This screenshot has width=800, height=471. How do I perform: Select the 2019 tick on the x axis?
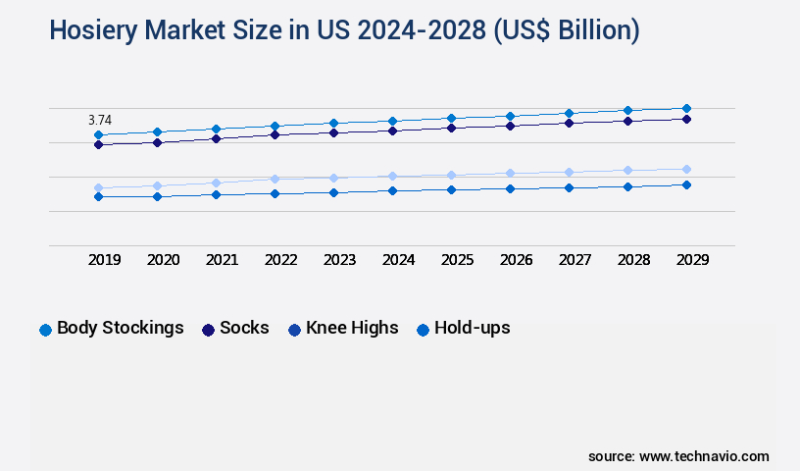pos(105,260)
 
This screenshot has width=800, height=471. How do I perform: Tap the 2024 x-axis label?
pos(398,260)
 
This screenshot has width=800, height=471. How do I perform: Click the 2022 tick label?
pos(280,260)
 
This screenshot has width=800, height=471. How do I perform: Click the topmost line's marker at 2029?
pos(686,108)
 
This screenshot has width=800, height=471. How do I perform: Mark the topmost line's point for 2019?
pos(98,134)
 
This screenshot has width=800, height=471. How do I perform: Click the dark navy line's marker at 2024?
pos(392,131)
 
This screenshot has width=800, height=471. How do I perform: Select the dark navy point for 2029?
pos(686,119)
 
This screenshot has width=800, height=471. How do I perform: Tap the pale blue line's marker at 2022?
pos(275,179)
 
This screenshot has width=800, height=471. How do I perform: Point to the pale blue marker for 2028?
pos(627,170)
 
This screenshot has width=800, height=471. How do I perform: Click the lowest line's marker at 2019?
pos(98,196)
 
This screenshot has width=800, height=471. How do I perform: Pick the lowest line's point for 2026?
pos(510,188)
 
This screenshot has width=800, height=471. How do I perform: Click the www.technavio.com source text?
pos(704,456)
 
